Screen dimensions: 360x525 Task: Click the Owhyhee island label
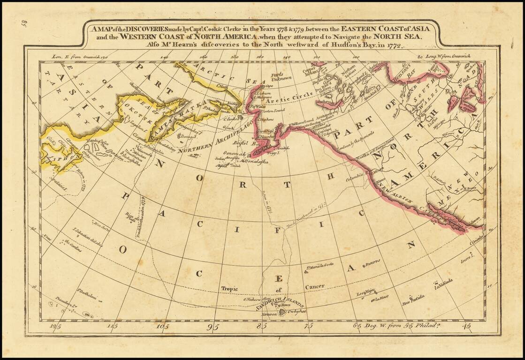tap(296, 311)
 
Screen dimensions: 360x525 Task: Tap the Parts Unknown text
tap(282, 76)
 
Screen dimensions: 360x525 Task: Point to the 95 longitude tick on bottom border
tap(214, 327)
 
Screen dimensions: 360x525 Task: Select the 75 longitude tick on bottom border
tap(308, 327)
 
